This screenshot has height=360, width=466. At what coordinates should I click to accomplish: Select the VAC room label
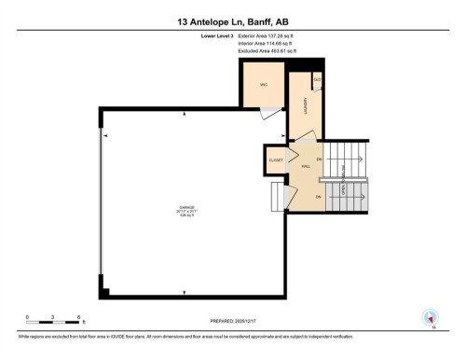264,85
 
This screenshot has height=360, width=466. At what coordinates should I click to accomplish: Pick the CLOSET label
276,160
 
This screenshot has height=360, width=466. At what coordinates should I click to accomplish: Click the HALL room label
306,164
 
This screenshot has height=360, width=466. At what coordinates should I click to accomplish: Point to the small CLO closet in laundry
317,80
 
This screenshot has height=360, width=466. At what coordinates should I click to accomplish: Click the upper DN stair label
319,159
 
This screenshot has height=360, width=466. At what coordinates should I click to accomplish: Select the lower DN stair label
319,197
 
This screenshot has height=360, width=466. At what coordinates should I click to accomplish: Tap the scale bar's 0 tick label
27,317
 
